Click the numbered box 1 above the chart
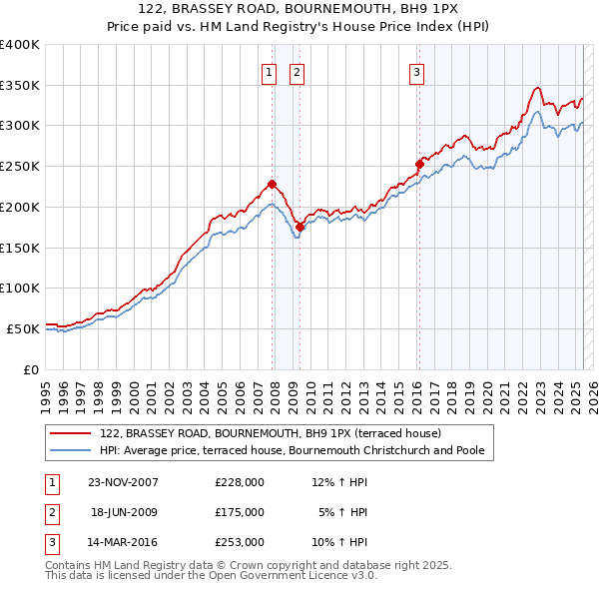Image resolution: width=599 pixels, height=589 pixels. (x=270, y=71)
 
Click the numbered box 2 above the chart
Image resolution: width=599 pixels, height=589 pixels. (x=298, y=71)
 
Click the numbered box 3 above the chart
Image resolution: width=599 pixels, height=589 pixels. (x=415, y=71)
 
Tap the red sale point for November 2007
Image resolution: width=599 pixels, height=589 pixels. (x=272, y=184)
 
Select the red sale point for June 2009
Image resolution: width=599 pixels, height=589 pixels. (x=299, y=227)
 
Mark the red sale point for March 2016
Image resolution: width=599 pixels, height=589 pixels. (x=419, y=164)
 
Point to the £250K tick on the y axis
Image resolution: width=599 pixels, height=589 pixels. (x=20, y=166)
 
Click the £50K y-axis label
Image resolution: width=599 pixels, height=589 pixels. (x=24, y=328)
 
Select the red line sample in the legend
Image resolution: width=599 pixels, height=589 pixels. (x=71, y=433)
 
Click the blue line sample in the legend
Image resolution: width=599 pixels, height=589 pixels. (x=71, y=450)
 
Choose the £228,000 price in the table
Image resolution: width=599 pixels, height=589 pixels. (x=240, y=481)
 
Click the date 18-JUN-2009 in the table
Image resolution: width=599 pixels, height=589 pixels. (x=124, y=512)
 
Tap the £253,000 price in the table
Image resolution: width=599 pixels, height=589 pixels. (x=240, y=543)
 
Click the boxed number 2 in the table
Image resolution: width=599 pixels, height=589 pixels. (x=50, y=512)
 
